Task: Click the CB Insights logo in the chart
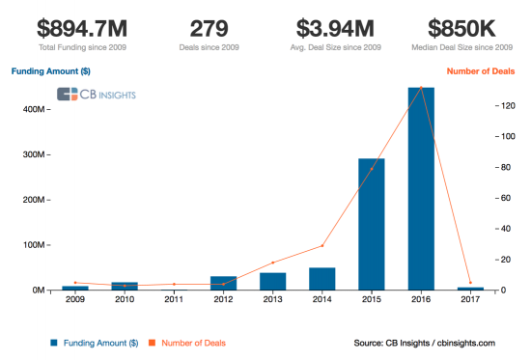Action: [x=97, y=94]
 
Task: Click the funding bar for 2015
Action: [x=372, y=224]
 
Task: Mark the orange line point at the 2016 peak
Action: [x=421, y=88]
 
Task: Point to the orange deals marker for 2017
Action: [x=470, y=283]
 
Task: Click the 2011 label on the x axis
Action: [x=174, y=300]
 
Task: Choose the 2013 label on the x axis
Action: [x=273, y=300]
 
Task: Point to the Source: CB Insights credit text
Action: [x=424, y=343]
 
